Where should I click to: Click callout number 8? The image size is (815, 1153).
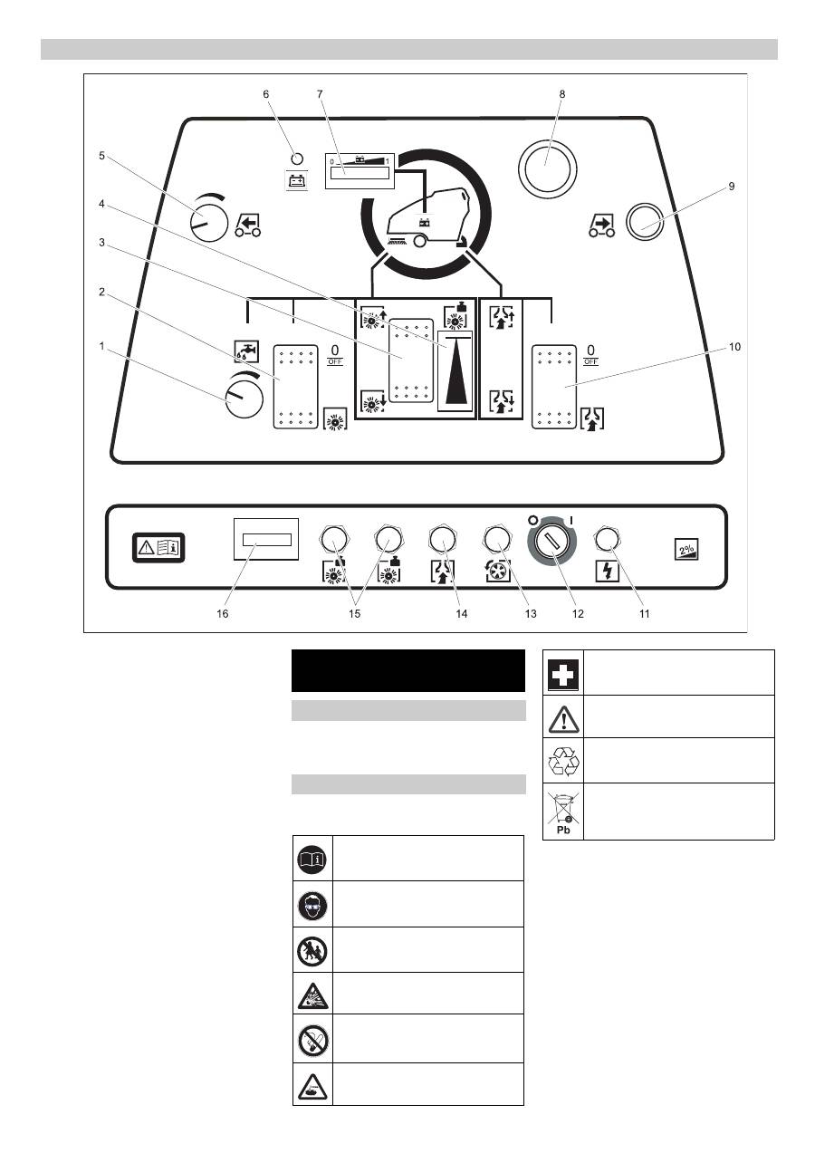(561, 93)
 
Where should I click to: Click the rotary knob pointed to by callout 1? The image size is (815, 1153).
(243, 398)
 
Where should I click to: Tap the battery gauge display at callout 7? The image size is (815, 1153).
(360, 171)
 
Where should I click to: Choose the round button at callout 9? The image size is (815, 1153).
(644, 220)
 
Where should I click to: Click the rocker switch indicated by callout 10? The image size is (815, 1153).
(553, 385)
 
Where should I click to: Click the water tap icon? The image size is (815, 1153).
(246, 351)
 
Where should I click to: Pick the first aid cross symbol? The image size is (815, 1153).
(563, 672)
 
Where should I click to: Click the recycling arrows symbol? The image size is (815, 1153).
(563, 761)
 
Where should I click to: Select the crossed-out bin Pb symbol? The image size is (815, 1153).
(563, 812)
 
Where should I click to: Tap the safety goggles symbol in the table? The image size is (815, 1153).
(312, 903)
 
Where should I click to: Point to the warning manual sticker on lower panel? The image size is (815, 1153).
(158, 546)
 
